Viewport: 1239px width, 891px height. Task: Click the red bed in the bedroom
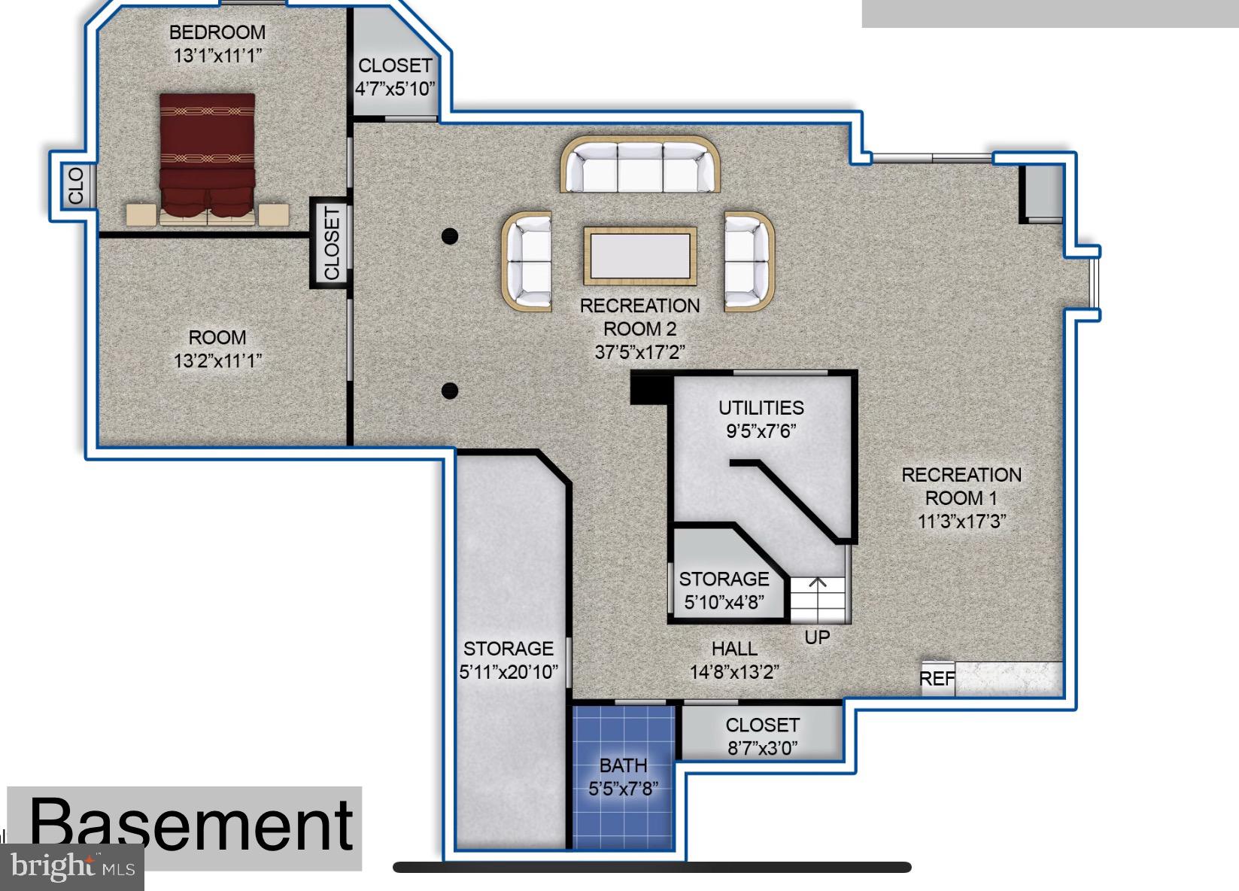click(x=207, y=158)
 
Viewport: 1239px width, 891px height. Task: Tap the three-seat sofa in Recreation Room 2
click(x=640, y=166)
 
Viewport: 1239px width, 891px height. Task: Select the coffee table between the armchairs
click(x=640, y=257)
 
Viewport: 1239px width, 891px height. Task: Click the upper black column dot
click(x=450, y=236)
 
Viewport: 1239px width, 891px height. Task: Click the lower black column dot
click(x=450, y=391)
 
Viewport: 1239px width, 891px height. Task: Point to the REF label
click(x=937, y=679)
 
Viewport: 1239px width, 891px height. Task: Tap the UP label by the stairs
click(x=817, y=637)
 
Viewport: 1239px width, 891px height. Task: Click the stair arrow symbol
click(x=818, y=583)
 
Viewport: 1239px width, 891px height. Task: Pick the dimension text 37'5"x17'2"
click(x=640, y=352)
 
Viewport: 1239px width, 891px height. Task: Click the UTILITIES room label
click(x=761, y=408)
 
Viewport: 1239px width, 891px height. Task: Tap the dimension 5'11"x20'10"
click(x=509, y=672)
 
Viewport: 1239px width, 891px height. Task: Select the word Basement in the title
click(x=191, y=826)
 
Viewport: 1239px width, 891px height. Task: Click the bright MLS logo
click(x=72, y=867)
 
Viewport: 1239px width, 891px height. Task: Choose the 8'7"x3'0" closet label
click(x=762, y=747)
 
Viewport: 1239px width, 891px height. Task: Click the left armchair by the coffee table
click(x=527, y=261)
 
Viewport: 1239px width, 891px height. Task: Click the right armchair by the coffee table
click(x=748, y=261)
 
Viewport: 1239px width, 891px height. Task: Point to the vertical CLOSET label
click(x=332, y=243)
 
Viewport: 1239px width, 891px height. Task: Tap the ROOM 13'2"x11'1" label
click(x=217, y=348)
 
